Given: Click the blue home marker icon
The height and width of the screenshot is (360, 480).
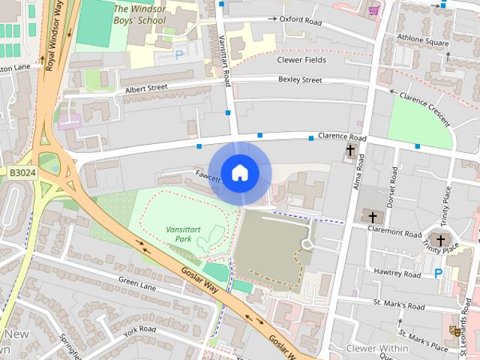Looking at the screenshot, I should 239,172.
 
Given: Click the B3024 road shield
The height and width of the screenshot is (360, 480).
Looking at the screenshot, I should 22,172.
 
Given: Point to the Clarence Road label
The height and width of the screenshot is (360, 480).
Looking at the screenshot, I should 342,138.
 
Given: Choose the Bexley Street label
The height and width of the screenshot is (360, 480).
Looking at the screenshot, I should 299,79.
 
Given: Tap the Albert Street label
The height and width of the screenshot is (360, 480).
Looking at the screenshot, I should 146,88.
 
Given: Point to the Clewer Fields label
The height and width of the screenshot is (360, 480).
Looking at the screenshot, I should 301,59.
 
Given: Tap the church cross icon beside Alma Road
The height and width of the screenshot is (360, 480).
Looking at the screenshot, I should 350,151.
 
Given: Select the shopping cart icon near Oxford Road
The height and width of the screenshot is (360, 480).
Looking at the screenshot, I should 373,10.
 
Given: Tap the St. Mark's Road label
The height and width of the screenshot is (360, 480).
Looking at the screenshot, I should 399,305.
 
